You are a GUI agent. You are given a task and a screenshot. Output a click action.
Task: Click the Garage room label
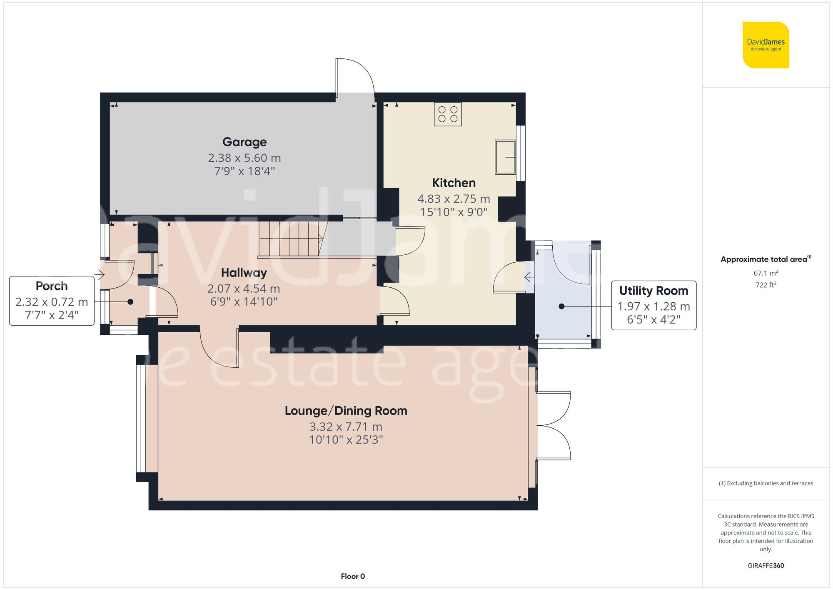coord(244,142)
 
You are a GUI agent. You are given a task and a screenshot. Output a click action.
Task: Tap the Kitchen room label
coord(454,183)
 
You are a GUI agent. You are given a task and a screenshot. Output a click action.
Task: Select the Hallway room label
coord(244,273)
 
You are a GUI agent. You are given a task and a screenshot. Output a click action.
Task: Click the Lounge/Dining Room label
coord(346,411)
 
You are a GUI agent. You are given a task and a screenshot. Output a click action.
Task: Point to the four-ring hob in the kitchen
coord(448,114)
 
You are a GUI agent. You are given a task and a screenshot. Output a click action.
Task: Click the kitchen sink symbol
coord(505,157)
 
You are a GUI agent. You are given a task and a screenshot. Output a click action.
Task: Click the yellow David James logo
coord(766,45)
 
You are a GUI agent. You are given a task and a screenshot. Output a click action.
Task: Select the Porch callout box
coord(52,301)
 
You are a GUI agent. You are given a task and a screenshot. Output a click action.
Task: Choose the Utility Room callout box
coord(653,305)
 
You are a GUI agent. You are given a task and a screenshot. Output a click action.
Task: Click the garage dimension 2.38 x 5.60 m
coord(244,158)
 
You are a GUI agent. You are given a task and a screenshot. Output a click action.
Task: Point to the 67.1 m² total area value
coord(766,274)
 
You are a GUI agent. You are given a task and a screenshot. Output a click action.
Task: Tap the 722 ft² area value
coord(766,285)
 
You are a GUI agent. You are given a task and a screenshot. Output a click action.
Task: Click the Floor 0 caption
coord(353,576)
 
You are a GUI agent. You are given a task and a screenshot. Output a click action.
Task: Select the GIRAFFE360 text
coord(766,566)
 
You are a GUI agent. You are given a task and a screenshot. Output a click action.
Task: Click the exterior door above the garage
coord(355,77)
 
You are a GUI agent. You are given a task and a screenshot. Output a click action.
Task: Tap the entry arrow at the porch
coord(100,275)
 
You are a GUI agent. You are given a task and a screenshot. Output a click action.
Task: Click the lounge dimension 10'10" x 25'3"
coord(346,440)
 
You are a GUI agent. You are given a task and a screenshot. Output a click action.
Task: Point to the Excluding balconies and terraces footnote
coord(766,484)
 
